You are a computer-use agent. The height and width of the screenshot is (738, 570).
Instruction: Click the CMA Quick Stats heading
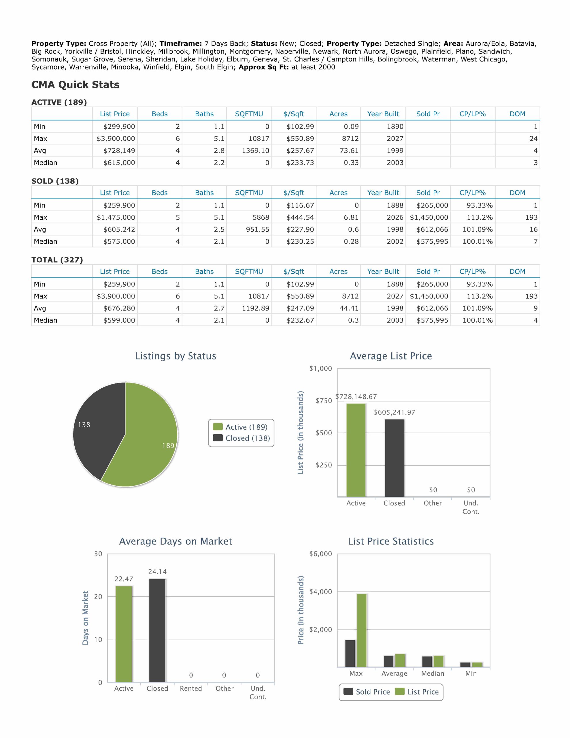click(x=75, y=84)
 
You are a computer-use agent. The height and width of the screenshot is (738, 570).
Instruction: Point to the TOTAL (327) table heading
click(x=57, y=260)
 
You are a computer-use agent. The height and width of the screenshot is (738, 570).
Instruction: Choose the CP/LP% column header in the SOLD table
click(x=472, y=193)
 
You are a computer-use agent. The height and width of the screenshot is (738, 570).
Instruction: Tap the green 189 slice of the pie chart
click(x=149, y=443)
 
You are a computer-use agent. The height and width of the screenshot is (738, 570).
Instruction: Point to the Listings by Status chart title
click(x=175, y=356)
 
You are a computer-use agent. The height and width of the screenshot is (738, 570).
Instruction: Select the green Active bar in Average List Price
click(x=356, y=450)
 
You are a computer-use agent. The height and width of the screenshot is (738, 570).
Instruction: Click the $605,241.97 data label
click(x=394, y=412)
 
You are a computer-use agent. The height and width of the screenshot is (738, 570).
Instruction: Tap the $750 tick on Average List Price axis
click(x=324, y=401)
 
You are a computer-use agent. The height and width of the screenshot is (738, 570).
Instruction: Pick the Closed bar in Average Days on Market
click(x=157, y=630)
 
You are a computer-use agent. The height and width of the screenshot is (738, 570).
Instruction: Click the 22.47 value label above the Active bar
click(x=124, y=579)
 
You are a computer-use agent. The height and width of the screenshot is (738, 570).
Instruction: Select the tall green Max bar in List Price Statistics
click(x=362, y=630)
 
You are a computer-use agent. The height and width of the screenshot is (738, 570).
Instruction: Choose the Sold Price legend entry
click(x=367, y=692)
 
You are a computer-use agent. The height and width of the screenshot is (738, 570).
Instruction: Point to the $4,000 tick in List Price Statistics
click(x=321, y=592)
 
